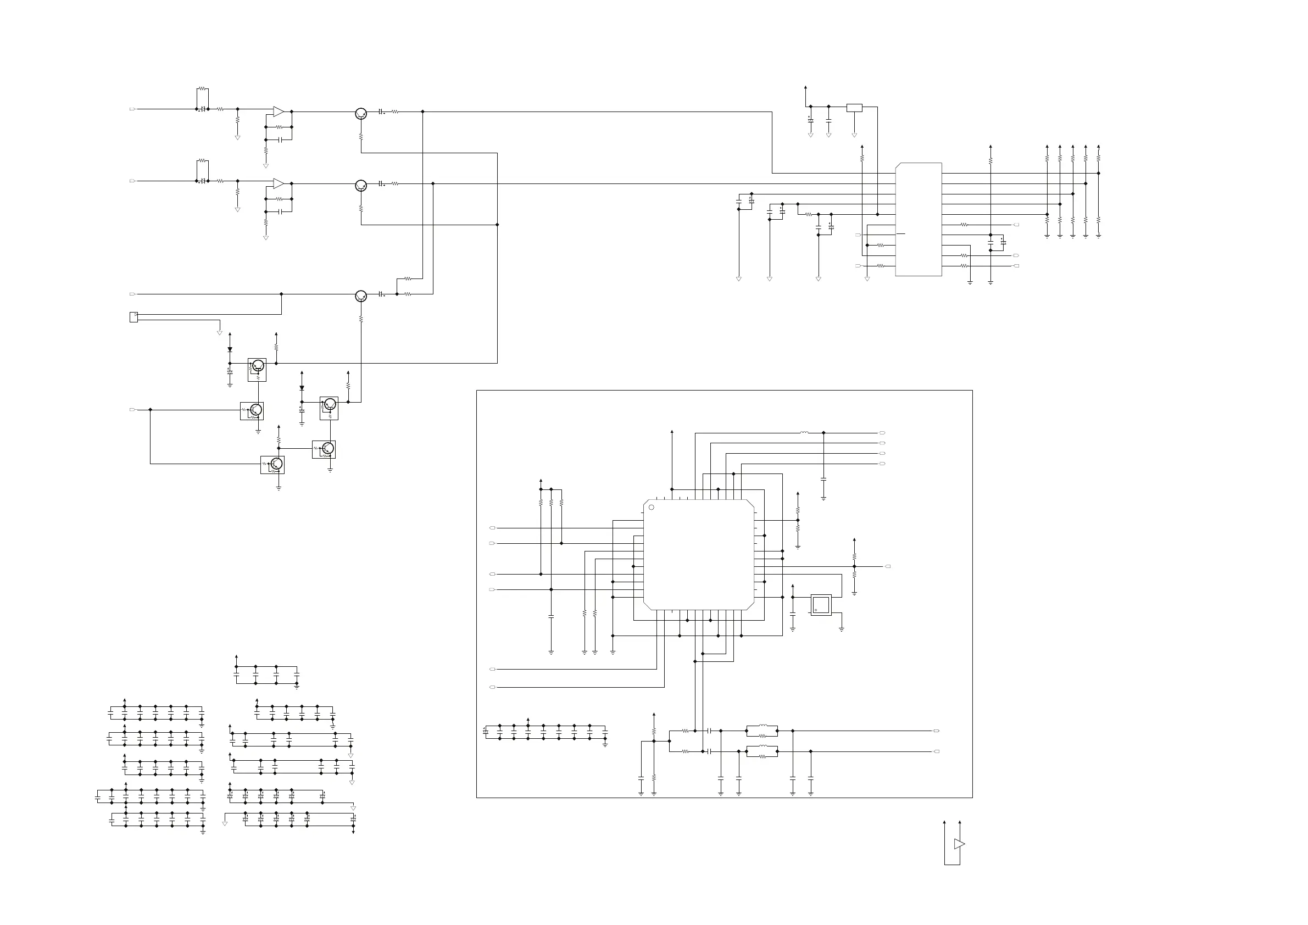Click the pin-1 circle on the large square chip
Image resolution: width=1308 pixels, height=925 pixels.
pyautogui.click(x=652, y=507)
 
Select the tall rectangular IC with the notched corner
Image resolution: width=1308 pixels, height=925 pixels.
pyautogui.click(x=919, y=219)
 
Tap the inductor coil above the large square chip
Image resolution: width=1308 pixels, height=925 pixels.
pyautogui.click(x=804, y=433)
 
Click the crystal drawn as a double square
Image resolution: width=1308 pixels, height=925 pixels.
pyautogui.click(x=821, y=605)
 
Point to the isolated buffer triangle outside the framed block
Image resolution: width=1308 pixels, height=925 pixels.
pyautogui.click(x=959, y=844)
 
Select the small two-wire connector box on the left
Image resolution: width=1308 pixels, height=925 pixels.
pyautogui.click(x=134, y=317)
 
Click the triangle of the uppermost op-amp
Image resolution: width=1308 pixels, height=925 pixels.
pyautogui.click(x=278, y=111)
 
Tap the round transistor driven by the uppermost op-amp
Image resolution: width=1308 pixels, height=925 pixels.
pyautogui.click(x=360, y=113)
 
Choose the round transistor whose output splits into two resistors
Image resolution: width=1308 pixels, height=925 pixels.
pyautogui.click(x=360, y=296)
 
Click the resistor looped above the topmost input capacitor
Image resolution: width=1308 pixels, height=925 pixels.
pyautogui.click(x=203, y=89)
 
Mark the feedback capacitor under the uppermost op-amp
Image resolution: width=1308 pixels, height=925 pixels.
pyautogui.click(x=280, y=140)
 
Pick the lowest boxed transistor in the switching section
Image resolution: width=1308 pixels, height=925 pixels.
pyautogui.click(x=272, y=465)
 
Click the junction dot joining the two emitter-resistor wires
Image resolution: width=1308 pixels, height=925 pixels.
pyautogui.click(x=497, y=225)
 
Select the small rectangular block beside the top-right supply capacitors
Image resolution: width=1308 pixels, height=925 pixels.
pyautogui.click(x=854, y=107)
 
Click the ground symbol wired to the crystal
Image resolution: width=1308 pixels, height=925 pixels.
pyautogui.click(x=842, y=629)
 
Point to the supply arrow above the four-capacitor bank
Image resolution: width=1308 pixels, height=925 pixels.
pyautogui.click(x=236, y=657)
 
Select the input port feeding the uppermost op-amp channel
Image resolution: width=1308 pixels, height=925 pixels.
pyautogui.click(x=133, y=109)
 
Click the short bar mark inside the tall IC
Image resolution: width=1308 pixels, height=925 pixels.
pyautogui.click(x=901, y=234)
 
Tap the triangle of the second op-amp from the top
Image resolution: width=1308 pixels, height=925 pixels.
pyautogui.click(x=278, y=183)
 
